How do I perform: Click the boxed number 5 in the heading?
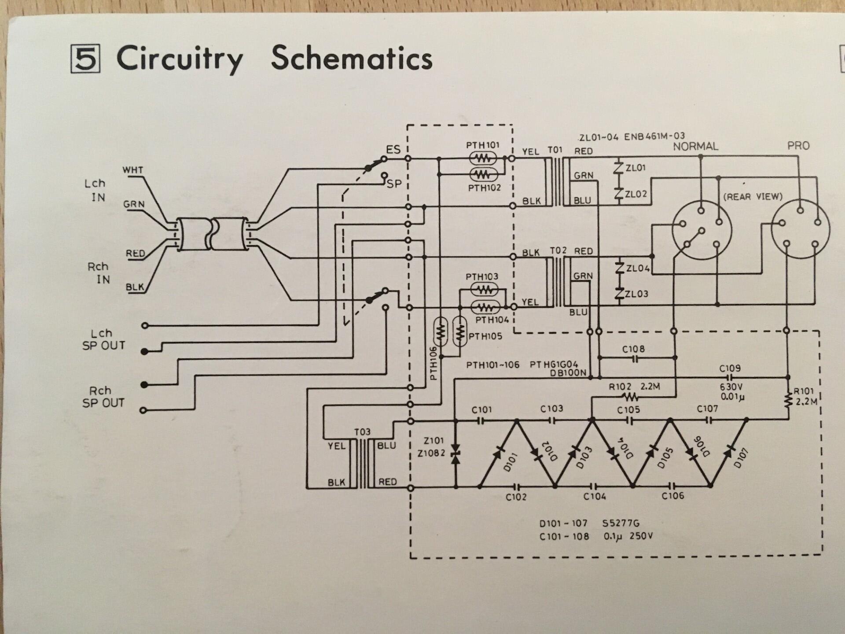coord(85,59)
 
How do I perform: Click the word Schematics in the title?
coord(352,59)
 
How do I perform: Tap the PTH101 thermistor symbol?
coord(483,158)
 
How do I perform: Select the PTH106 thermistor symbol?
coord(441,332)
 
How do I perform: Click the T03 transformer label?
coord(362,432)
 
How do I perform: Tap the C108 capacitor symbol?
coord(635,359)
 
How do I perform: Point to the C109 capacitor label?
coord(730,368)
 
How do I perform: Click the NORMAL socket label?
coord(695,146)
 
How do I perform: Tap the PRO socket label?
coord(798,146)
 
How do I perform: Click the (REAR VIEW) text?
coord(753,196)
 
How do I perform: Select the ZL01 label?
coord(636,168)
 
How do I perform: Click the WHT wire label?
coord(132,170)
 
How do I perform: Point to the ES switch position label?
coord(393,149)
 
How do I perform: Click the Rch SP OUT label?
coord(103,397)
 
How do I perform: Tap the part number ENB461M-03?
coord(654,136)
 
